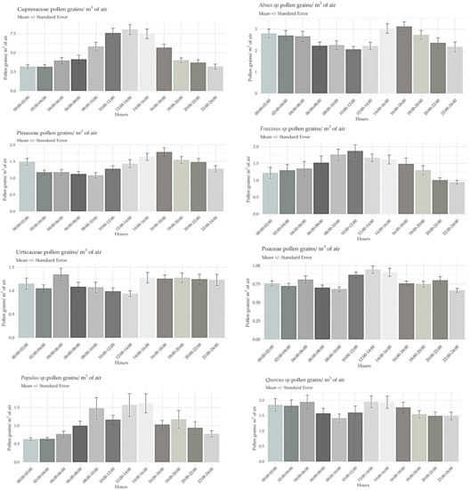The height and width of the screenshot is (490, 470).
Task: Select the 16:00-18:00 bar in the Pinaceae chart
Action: (164, 177)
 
